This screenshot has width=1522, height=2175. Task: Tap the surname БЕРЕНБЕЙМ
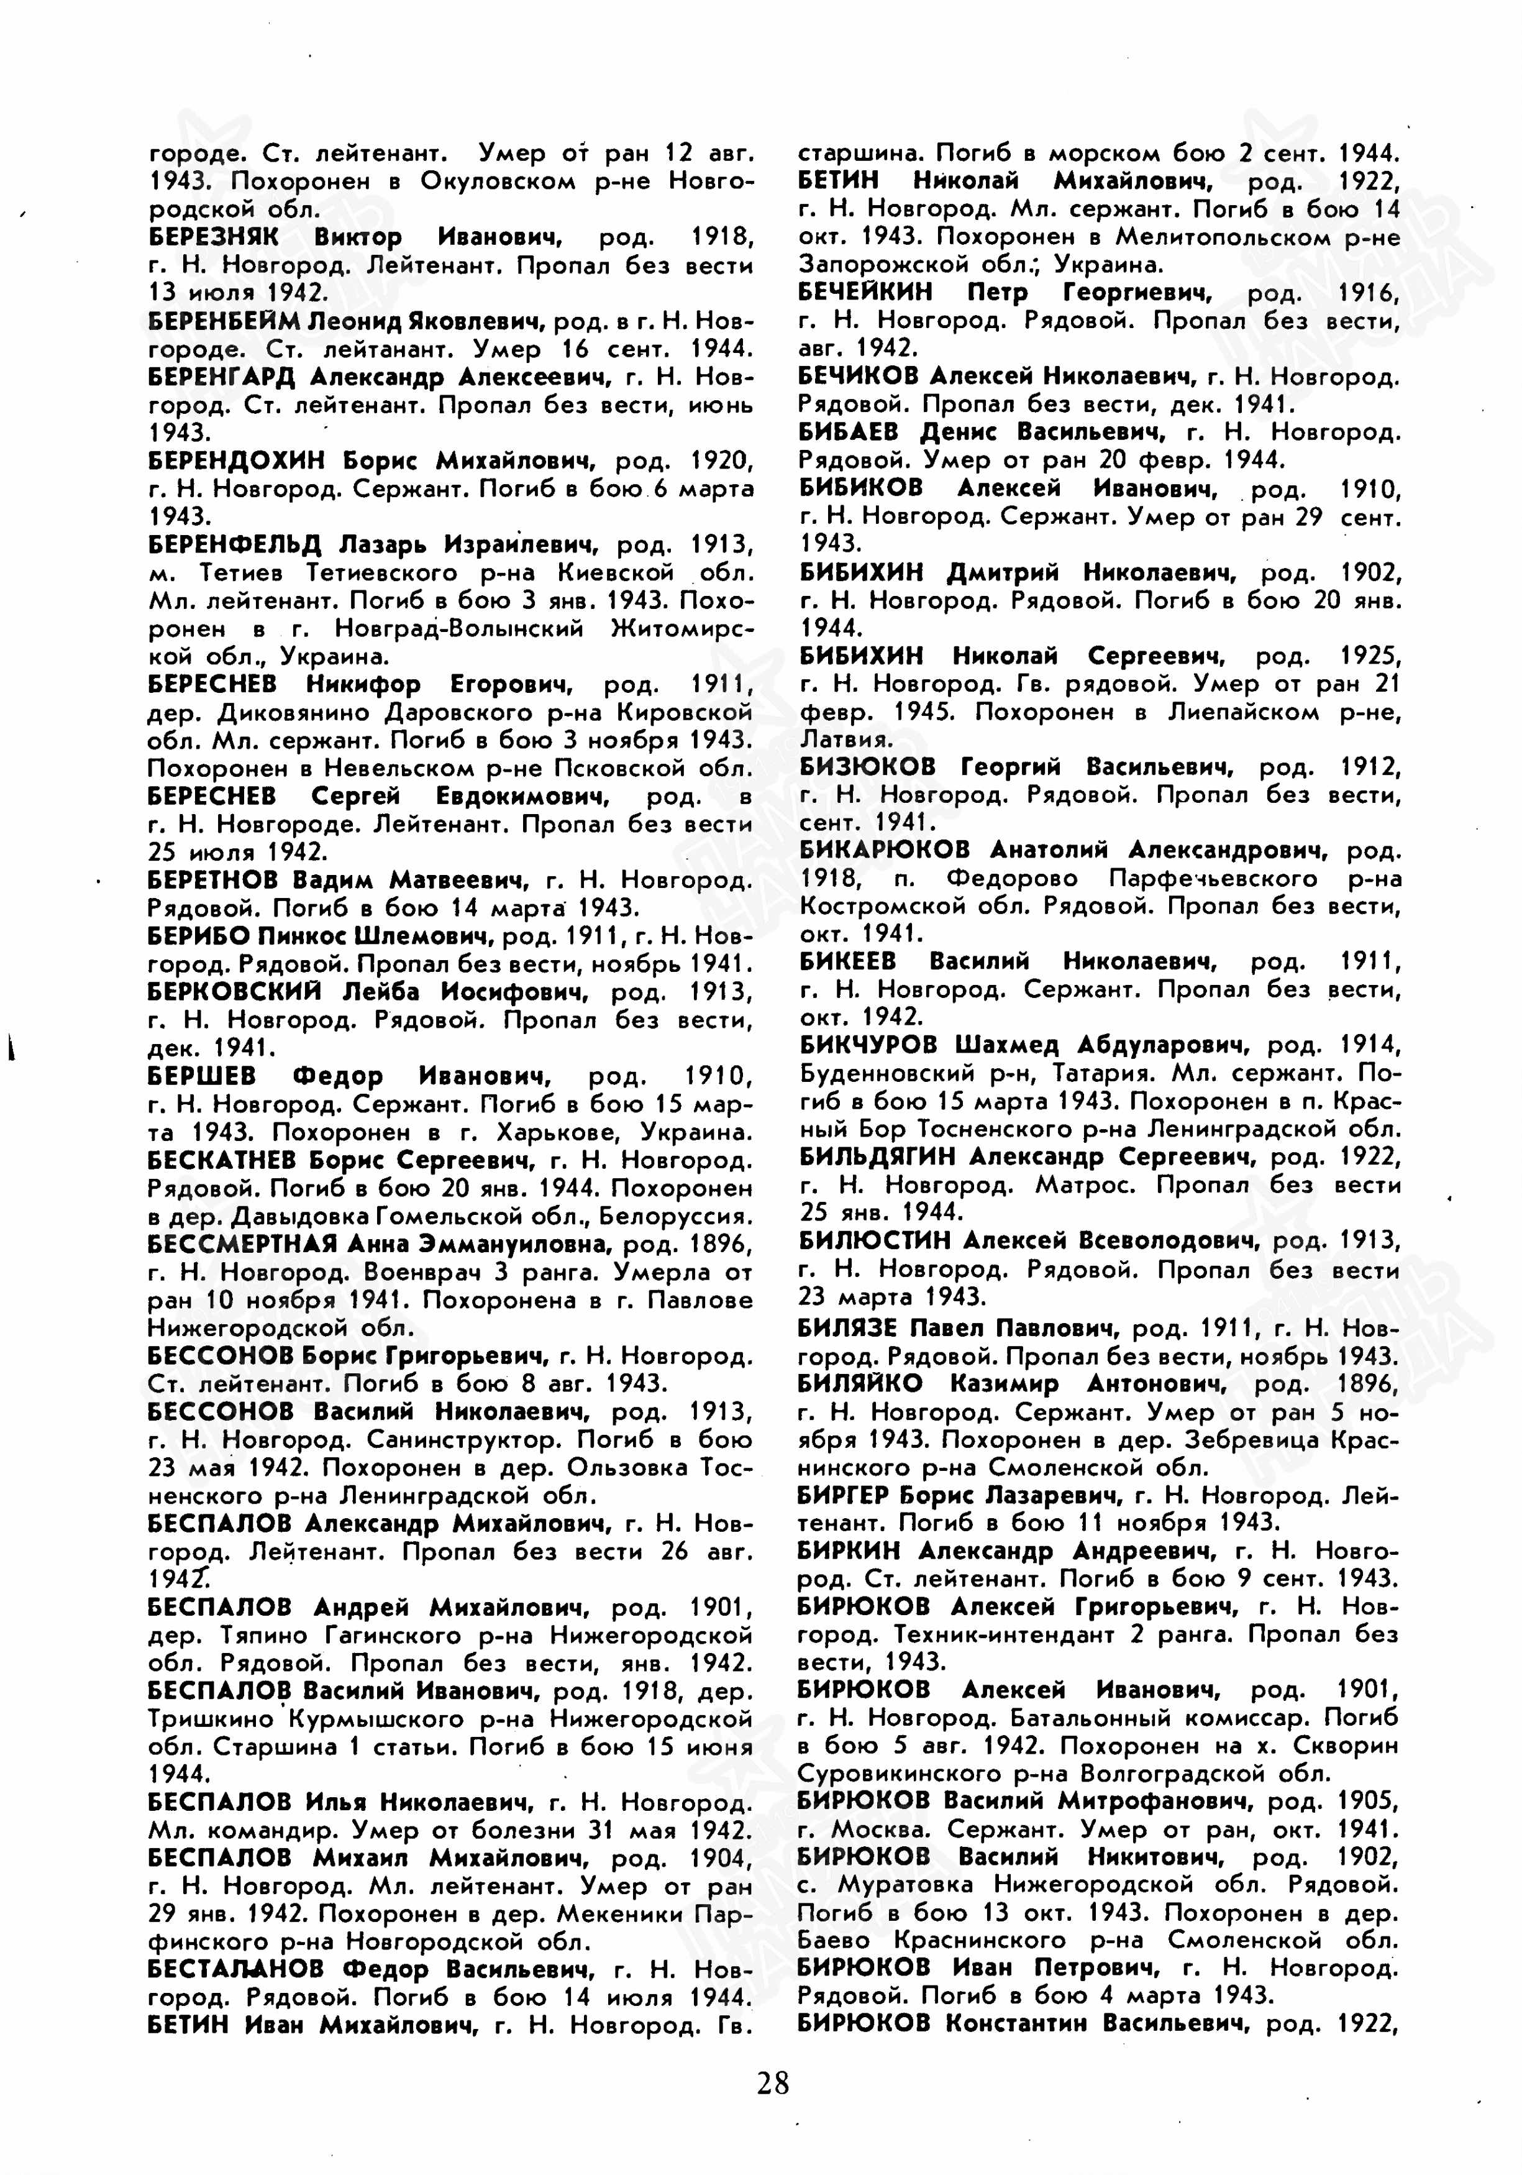[224, 321]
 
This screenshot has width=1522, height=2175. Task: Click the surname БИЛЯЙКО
[860, 1384]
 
